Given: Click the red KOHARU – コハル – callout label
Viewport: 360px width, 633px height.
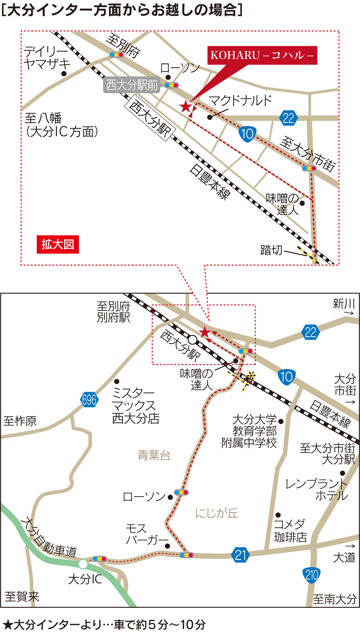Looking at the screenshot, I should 262,55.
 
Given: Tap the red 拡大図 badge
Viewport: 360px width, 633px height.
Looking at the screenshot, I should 58,244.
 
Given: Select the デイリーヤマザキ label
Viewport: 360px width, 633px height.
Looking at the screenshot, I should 46,58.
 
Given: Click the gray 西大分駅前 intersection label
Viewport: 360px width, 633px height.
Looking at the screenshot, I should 132,85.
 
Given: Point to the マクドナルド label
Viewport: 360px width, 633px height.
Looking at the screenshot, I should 240,100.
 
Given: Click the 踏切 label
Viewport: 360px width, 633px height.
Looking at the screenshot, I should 271,250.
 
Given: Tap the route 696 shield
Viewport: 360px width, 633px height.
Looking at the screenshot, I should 89,400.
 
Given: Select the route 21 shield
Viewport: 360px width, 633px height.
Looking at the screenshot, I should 240,555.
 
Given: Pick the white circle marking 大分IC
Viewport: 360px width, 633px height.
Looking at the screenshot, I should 83,564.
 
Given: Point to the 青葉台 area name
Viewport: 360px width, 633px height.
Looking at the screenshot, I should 154,455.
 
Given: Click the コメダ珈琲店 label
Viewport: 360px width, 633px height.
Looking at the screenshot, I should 290,530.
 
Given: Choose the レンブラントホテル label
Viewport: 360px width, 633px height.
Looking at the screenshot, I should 316,490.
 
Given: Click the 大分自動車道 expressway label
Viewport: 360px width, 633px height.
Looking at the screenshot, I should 49,537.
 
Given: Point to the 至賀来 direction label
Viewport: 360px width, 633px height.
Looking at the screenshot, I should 22,597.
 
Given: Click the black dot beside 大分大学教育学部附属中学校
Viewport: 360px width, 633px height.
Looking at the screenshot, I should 281,421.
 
